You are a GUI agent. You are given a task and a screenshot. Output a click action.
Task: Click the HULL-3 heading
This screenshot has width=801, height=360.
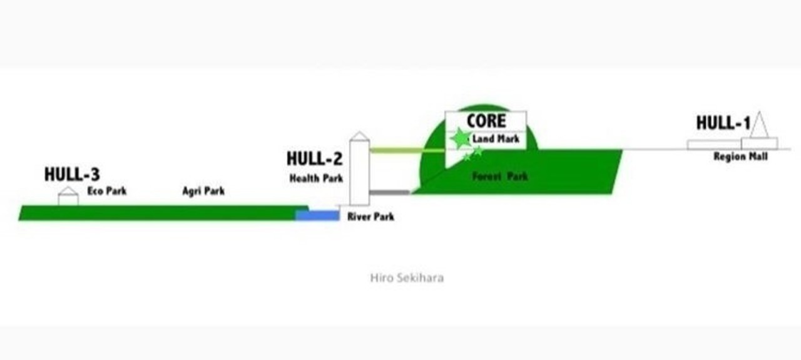click(x=72, y=174)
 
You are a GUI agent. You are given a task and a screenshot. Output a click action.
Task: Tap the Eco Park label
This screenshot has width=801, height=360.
click(x=107, y=191)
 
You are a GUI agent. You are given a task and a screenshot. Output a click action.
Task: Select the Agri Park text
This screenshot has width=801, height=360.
click(x=203, y=191)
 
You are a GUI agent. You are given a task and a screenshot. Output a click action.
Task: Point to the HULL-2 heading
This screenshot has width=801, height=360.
click(x=315, y=158)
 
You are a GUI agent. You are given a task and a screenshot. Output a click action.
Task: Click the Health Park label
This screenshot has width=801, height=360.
click(x=316, y=178)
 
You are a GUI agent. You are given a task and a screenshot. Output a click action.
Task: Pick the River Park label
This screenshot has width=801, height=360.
click(x=371, y=217)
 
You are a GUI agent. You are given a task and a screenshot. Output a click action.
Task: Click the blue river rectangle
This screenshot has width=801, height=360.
click(x=317, y=215)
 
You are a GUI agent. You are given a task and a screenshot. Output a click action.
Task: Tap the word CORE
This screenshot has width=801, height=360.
click(x=486, y=121)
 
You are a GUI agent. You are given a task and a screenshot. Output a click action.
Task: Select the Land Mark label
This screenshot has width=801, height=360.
click(x=496, y=139)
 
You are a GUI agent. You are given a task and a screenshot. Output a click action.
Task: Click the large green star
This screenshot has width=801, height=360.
click(x=461, y=138)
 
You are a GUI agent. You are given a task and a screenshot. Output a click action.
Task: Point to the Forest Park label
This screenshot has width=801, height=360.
click(x=500, y=177)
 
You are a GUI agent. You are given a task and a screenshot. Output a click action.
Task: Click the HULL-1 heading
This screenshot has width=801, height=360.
click(x=723, y=123)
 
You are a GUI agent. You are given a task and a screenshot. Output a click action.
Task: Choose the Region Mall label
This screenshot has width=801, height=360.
click(x=740, y=157)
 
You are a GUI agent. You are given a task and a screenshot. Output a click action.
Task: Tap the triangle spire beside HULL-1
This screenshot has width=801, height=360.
click(x=759, y=125)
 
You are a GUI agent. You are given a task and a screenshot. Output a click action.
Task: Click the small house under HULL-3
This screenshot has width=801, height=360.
click(x=68, y=196)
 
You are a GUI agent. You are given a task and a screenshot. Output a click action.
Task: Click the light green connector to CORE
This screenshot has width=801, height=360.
click(x=407, y=150)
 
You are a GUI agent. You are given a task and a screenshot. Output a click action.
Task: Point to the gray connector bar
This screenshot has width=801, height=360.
click(x=390, y=193)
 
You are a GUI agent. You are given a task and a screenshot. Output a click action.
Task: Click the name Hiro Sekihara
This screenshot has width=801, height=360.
click(x=407, y=278)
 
